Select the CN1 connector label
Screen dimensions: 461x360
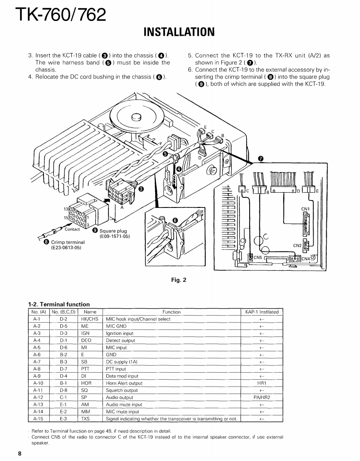click(x=305, y=209)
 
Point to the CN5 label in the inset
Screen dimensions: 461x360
click(x=258, y=258)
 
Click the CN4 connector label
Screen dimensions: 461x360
click(x=306, y=258)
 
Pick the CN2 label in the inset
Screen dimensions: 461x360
click(x=297, y=245)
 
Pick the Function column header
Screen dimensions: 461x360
click(x=171, y=312)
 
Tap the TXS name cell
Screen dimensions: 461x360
click(x=85, y=419)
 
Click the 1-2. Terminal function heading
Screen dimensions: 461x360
click(x=59, y=304)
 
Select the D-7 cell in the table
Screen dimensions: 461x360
click(x=63, y=369)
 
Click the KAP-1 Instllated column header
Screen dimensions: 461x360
click(x=261, y=312)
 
